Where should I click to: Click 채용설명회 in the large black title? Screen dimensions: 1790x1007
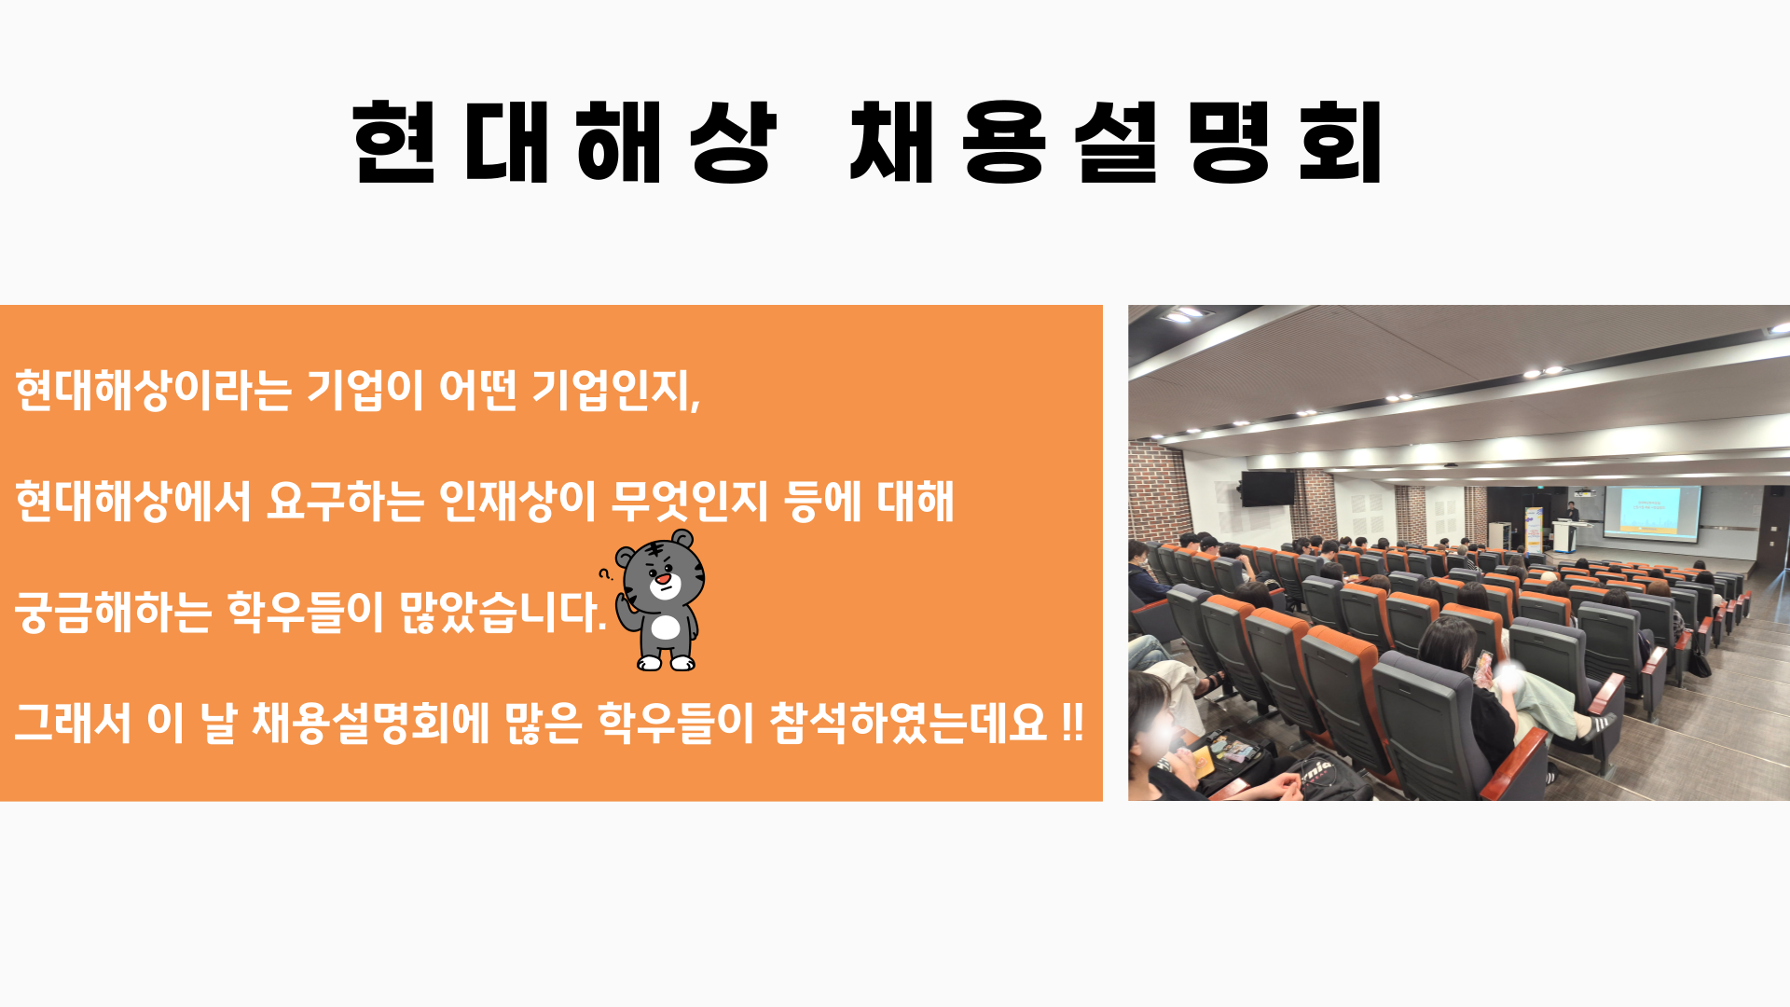coord(1116,142)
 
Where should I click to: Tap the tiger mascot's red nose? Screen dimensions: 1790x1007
coord(662,579)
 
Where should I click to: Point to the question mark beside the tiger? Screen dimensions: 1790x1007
coord(604,573)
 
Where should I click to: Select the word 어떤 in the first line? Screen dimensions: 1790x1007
coord(477,390)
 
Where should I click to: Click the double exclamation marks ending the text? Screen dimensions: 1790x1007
coord(1073,723)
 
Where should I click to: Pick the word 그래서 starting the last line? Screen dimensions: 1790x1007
coord(73,723)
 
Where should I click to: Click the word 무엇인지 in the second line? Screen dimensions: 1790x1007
coord(689,501)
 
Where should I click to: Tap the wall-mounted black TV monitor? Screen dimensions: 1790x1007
coord(1267,488)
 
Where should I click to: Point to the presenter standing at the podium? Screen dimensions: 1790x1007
coord(1572,512)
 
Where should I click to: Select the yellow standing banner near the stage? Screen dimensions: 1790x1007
coord(1533,531)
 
